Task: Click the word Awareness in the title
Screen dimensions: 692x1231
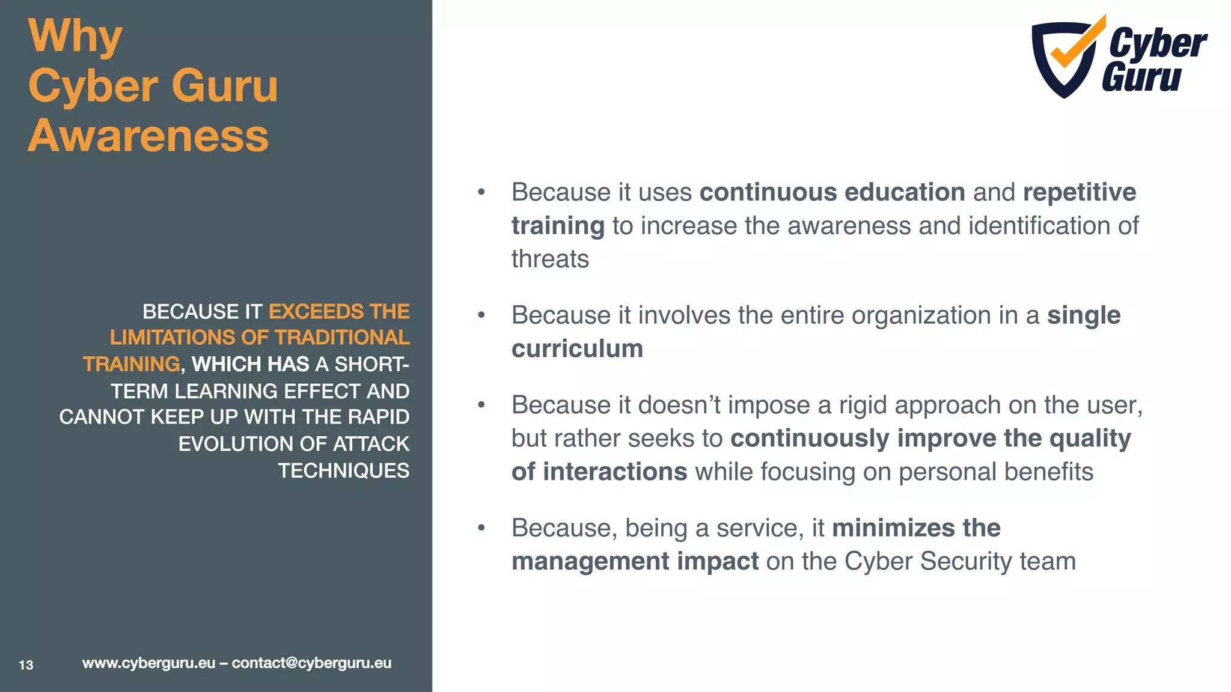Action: pos(148,136)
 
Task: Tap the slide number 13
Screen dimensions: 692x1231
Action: pos(26,665)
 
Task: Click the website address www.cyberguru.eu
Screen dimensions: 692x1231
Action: pos(148,663)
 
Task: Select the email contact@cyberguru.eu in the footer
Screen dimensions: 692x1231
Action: pos(311,663)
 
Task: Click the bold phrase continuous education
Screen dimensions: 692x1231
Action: pos(832,193)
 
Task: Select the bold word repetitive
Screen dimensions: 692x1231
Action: pos(1079,193)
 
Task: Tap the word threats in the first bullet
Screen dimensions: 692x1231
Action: pos(550,259)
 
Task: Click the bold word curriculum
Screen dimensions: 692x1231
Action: pos(577,349)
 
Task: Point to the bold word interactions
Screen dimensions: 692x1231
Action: pos(615,472)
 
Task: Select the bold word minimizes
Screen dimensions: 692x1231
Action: pos(893,529)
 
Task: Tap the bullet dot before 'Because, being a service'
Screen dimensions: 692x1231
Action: pos(481,529)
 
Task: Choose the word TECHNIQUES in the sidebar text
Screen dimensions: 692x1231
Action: pos(343,471)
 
